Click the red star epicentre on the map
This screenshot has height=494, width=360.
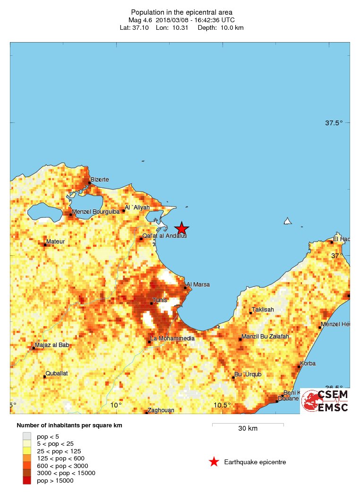click(x=181, y=228)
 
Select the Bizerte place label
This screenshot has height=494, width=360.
click(x=100, y=180)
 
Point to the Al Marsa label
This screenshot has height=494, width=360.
click(x=198, y=285)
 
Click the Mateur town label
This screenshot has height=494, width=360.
click(x=56, y=242)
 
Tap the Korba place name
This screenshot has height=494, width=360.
click(x=308, y=364)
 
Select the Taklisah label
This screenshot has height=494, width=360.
click(x=263, y=310)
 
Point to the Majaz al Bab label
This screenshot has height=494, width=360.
click(x=53, y=345)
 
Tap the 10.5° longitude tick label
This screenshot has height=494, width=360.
click(x=222, y=405)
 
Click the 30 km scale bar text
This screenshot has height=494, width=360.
click(x=248, y=429)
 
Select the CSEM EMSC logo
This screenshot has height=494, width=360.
click(x=325, y=401)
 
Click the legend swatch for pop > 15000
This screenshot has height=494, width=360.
click(x=27, y=481)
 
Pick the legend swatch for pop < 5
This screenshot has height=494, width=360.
click(x=27, y=436)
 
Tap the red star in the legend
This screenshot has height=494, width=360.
click(x=214, y=462)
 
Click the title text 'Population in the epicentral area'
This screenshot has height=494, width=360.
click(x=181, y=12)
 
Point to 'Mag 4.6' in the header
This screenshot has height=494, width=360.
click(x=139, y=20)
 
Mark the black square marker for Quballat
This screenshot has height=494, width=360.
click(x=45, y=377)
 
